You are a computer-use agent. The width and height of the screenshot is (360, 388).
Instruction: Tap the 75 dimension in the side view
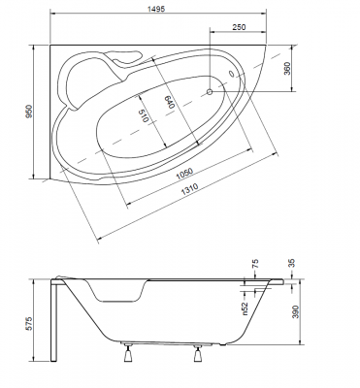coord(255,264)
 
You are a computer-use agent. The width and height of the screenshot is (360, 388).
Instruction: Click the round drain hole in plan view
coord(210,93)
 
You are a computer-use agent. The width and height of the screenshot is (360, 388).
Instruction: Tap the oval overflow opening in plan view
coord(231,73)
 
